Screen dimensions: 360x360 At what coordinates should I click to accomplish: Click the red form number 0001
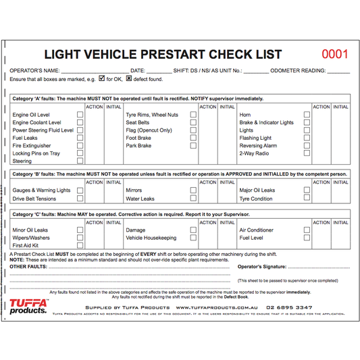(x=334, y=55)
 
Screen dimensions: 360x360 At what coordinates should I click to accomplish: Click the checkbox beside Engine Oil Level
(x=80, y=115)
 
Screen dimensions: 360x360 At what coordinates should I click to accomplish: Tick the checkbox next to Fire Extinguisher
(x=80, y=145)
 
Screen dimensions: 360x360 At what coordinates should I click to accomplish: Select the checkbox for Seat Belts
(x=193, y=122)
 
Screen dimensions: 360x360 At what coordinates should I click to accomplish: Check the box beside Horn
(x=307, y=115)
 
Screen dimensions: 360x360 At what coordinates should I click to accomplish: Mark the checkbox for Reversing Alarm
(x=307, y=145)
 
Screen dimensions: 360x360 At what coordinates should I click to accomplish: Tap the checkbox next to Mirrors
(x=193, y=190)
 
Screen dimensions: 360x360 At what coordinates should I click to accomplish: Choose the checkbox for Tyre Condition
(x=307, y=199)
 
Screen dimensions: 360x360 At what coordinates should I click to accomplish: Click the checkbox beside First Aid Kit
(x=80, y=246)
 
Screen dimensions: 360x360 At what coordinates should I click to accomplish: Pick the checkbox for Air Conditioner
(x=307, y=230)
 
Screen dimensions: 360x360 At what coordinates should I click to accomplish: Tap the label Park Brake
(x=138, y=146)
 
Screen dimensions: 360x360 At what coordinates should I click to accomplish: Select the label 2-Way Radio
(x=254, y=153)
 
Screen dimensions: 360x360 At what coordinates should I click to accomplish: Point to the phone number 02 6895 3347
(x=288, y=307)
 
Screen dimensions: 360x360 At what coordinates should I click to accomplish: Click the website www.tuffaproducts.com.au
(x=211, y=307)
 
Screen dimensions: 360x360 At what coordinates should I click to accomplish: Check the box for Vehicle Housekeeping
(x=193, y=238)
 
